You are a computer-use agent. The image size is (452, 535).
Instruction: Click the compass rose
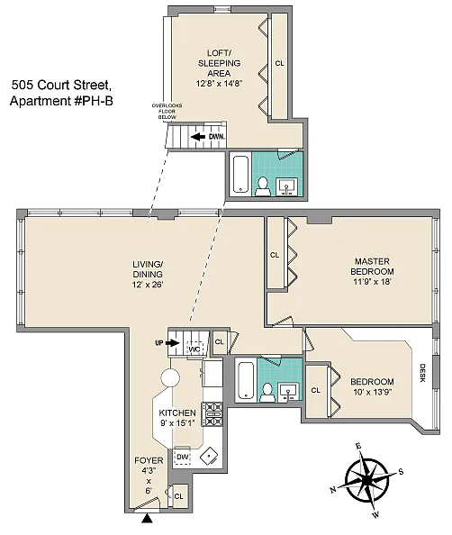(x=366, y=480)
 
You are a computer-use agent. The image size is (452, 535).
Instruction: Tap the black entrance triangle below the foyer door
(x=147, y=519)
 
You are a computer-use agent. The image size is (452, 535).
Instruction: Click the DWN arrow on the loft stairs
(x=198, y=137)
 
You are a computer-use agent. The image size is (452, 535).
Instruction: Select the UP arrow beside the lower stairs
(x=174, y=343)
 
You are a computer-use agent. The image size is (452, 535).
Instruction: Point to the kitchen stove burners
(x=212, y=414)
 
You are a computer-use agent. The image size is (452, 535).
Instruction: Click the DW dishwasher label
(x=183, y=457)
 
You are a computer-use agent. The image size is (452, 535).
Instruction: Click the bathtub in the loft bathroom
(x=240, y=175)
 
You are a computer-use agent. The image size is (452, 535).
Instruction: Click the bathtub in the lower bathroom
(x=246, y=380)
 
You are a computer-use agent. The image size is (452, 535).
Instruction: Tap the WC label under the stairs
(x=194, y=349)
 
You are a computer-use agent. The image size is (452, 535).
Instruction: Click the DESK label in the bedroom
(x=422, y=373)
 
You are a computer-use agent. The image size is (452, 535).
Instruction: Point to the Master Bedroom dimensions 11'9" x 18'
(x=372, y=282)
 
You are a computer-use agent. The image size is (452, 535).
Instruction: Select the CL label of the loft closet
(x=279, y=63)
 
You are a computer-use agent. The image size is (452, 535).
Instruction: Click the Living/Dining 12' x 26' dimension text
(x=148, y=285)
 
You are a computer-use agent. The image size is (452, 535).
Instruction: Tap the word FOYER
(x=149, y=460)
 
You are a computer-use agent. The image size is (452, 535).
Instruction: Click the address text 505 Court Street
(x=60, y=85)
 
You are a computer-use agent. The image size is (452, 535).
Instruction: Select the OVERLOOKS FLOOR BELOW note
(x=167, y=111)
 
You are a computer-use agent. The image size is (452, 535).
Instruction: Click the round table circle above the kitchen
(x=170, y=378)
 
